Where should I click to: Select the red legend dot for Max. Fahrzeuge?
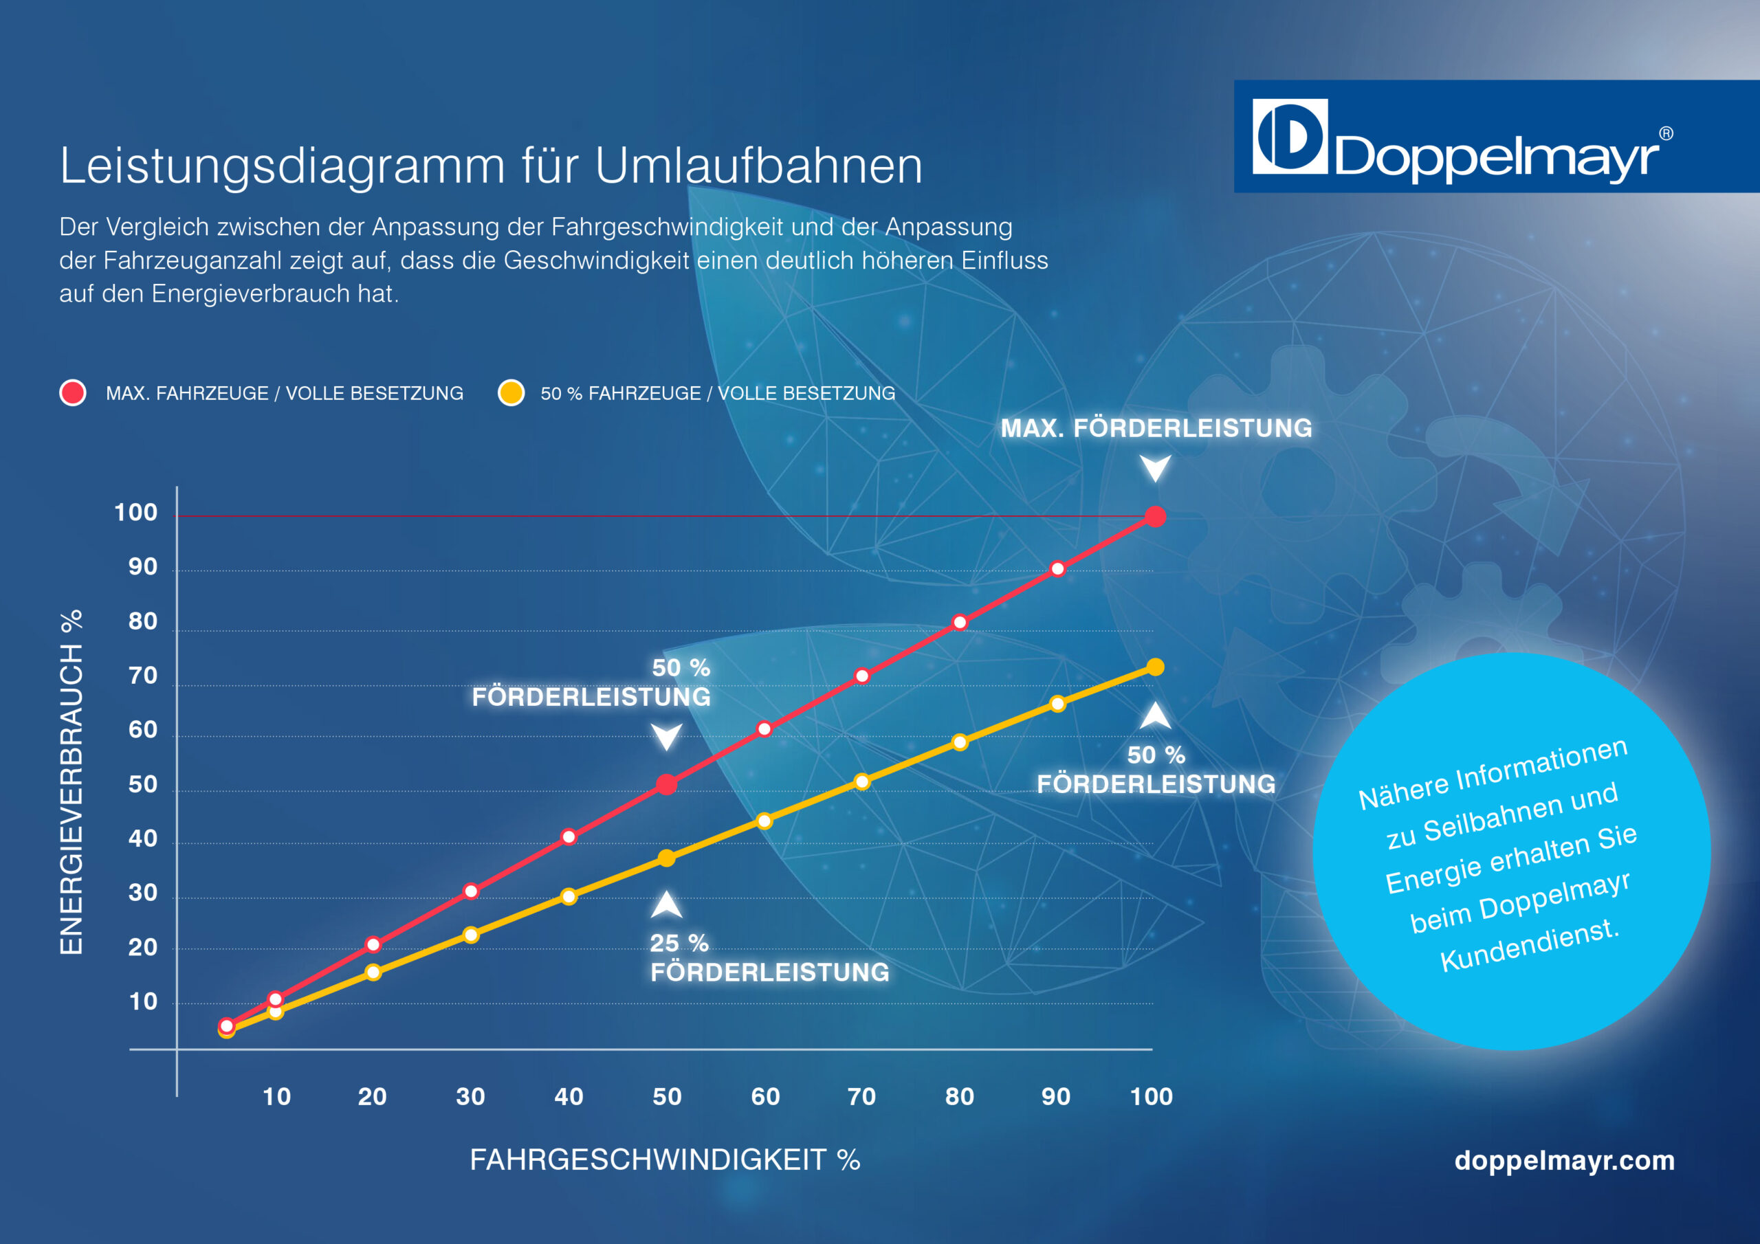[x=73, y=392]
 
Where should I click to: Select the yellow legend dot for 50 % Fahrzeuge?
[x=511, y=392]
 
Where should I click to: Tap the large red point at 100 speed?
[x=1155, y=517]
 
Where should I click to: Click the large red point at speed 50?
[x=667, y=784]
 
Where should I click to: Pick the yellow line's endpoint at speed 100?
[x=1155, y=667]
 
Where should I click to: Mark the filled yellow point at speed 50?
[x=667, y=858]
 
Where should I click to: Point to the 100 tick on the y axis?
[x=135, y=512]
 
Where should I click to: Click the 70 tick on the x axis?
[x=861, y=1096]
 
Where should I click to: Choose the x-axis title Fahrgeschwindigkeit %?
[x=665, y=1159]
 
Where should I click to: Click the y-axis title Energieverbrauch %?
[x=71, y=782]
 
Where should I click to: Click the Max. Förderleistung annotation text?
[x=1156, y=427]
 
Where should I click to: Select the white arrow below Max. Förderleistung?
[x=1155, y=467]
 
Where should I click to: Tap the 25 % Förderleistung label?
[x=769, y=958]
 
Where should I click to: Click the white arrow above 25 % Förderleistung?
[x=667, y=905]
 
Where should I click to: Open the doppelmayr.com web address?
[x=1564, y=1159]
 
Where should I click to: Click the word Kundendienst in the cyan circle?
[x=1529, y=945]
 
